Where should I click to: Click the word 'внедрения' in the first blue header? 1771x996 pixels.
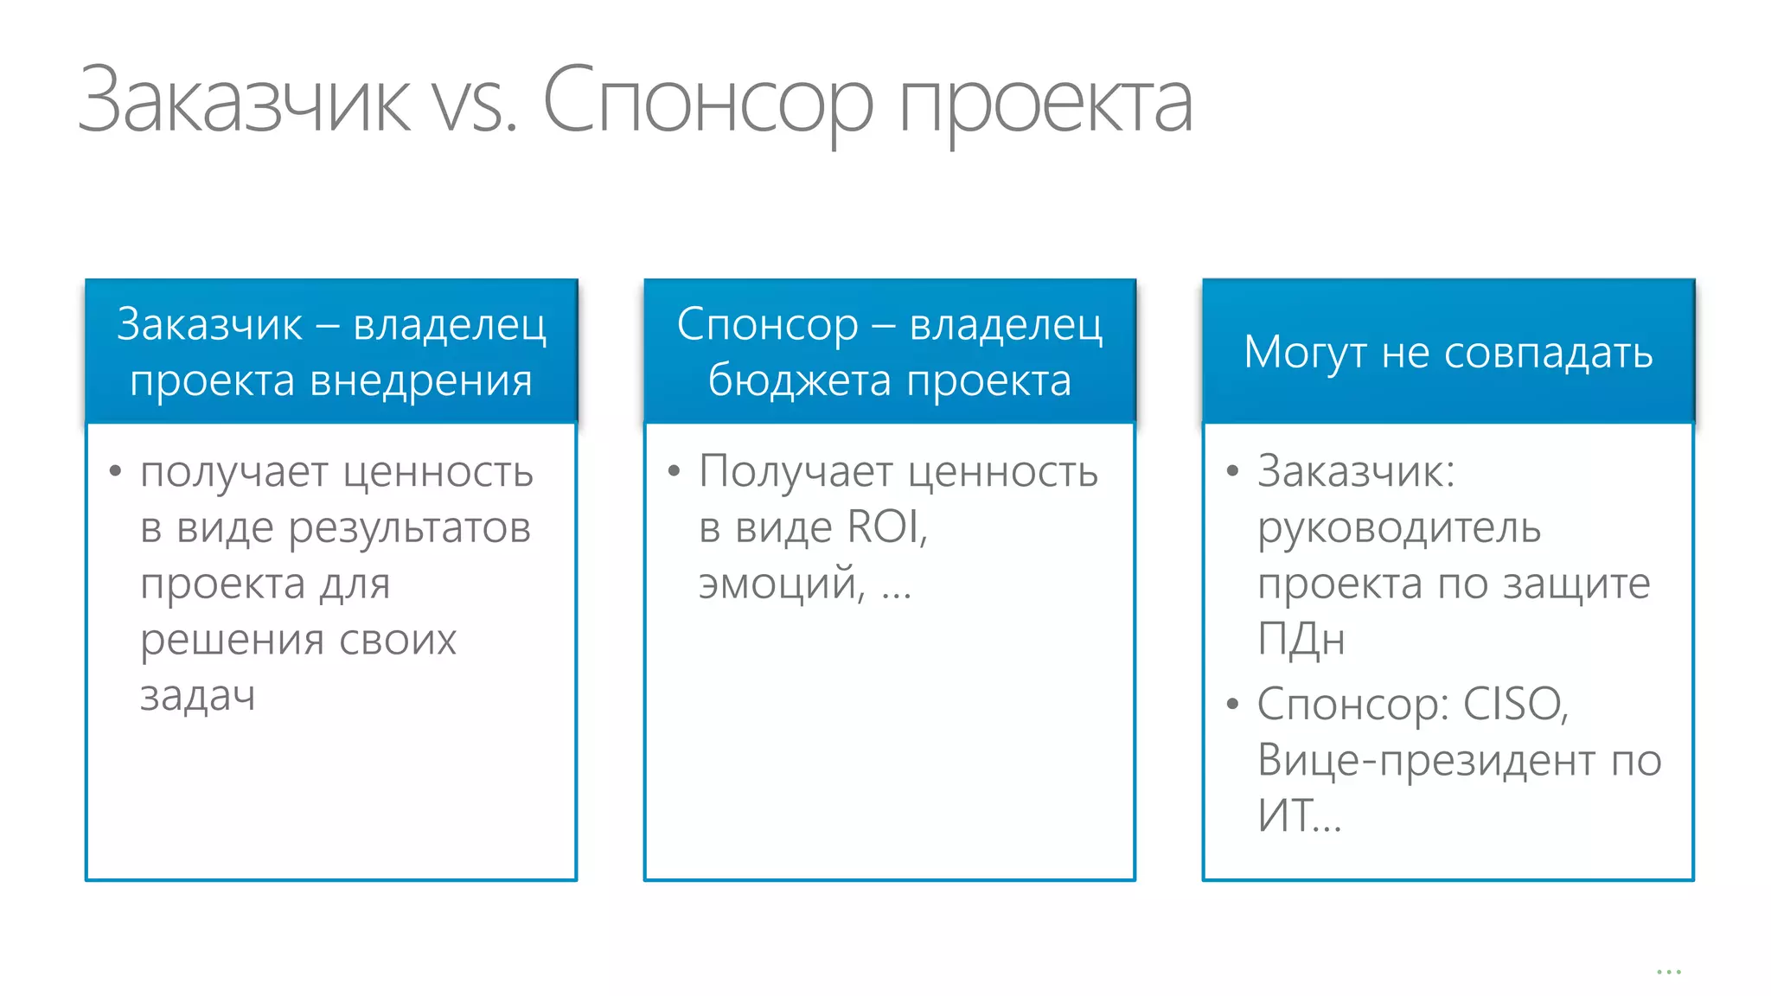pyautogui.click(x=421, y=380)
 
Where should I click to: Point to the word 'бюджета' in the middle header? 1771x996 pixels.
pyautogui.click(x=799, y=380)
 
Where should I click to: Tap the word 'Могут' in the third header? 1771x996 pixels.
pyautogui.click(x=1306, y=353)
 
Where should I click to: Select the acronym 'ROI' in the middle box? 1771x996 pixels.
pyautogui.click(x=884, y=527)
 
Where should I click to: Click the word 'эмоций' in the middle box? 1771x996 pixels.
pyautogui.click(x=779, y=583)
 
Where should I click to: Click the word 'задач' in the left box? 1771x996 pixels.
pyautogui.click(x=198, y=695)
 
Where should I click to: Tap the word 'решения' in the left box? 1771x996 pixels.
pyautogui.click(x=233, y=640)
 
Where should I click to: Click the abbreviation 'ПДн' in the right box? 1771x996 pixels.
pyautogui.click(x=1301, y=640)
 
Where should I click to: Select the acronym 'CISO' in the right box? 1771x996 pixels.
pyautogui.click(x=1512, y=704)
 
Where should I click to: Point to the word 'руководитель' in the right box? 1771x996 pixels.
pyautogui.click(x=1399, y=527)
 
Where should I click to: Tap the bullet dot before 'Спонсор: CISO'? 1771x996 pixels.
pyautogui.click(x=1232, y=704)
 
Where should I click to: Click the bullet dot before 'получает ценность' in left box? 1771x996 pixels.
pyautogui.click(x=115, y=471)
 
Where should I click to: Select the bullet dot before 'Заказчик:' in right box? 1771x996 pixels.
pyautogui.click(x=1232, y=471)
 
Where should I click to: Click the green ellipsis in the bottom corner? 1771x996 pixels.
pyautogui.click(x=1668, y=973)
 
